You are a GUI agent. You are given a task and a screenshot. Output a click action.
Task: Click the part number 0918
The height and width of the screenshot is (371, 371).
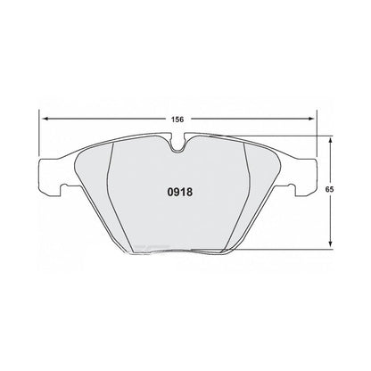[x=181, y=190]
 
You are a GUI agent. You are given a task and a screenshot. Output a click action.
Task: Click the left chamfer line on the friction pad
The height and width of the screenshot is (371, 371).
[x=111, y=196]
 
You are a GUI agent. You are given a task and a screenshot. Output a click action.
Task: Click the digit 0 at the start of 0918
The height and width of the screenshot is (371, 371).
[x=171, y=190]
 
